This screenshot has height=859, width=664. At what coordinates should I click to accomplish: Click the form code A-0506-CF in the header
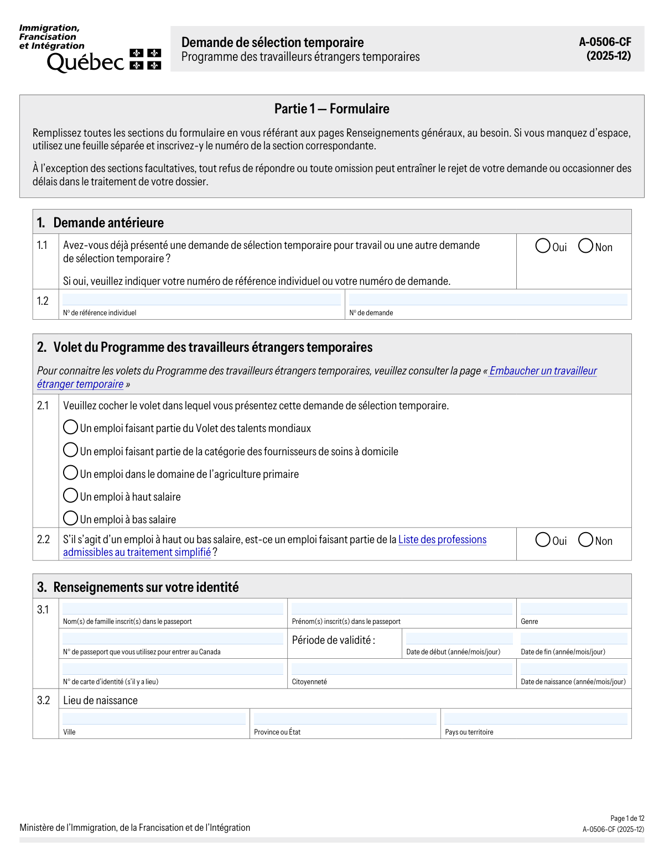(605, 42)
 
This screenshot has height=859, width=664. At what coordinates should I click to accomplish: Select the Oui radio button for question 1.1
(543, 246)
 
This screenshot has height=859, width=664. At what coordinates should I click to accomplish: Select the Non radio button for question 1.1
(585, 246)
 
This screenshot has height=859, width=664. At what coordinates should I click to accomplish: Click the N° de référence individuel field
(201, 300)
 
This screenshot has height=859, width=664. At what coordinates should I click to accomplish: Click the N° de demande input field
(488, 300)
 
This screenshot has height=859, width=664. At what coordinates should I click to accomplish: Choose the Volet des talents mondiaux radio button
(70, 427)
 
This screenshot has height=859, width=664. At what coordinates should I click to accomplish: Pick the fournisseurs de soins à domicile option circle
(70, 450)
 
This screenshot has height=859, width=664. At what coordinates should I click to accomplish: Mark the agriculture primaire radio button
(70, 472)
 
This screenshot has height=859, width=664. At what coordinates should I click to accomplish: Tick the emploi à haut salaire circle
(70, 495)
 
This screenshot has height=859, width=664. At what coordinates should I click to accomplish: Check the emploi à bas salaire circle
(70, 518)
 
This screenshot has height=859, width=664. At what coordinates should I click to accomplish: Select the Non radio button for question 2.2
(585, 539)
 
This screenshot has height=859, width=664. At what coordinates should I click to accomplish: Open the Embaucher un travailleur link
(543, 371)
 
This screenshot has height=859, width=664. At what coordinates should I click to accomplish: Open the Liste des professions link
(442, 540)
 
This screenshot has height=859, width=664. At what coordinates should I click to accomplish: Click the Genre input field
(574, 608)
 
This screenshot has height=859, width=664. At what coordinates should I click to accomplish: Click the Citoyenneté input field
(402, 669)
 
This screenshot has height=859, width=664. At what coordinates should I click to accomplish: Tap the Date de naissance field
(574, 669)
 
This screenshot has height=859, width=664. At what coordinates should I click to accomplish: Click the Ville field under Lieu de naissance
(154, 719)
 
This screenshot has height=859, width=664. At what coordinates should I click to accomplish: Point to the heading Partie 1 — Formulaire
(332, 109)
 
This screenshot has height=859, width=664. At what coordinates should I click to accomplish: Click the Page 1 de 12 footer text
(627, 819)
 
